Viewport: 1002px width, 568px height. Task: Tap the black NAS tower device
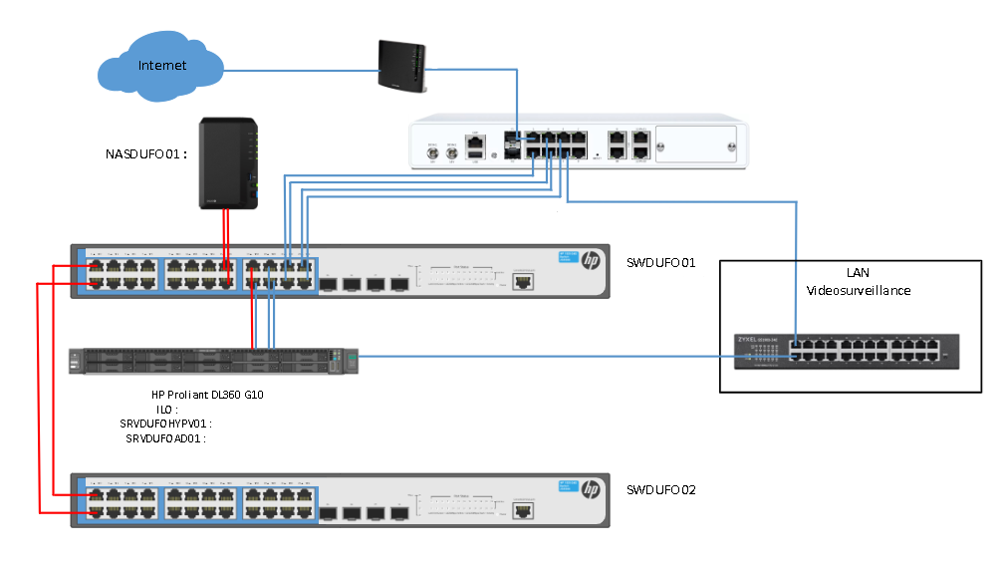229,163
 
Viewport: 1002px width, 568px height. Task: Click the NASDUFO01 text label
146,154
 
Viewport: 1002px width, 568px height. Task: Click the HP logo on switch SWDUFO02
590,489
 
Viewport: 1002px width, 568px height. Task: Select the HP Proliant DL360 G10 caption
207,395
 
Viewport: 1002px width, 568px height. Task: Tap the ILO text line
166,410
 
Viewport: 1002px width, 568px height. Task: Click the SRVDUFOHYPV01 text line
165,424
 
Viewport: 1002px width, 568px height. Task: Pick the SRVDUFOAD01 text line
165,438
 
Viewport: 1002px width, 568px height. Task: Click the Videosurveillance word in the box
858,290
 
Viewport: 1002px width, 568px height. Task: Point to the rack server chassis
213,361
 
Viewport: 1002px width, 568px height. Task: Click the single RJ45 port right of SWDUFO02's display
523,508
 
